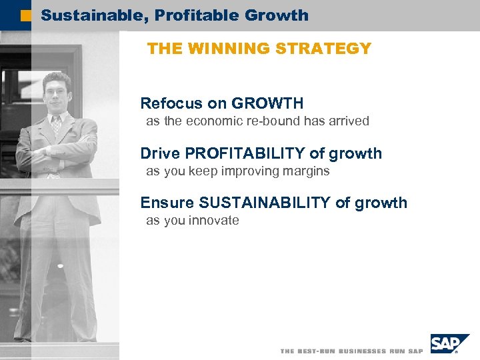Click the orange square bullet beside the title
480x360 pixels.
click(26, 15)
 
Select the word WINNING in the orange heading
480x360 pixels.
click(228, 49)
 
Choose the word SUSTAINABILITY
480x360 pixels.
click(264, 203)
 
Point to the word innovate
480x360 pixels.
click(213, 221)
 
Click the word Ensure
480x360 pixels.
click(167, 203)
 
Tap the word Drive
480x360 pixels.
click(160, 153)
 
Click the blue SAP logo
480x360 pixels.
click(445, 344)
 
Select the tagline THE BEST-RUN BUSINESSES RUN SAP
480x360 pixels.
click(351, 351)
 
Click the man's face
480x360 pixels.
click(57, 93)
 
